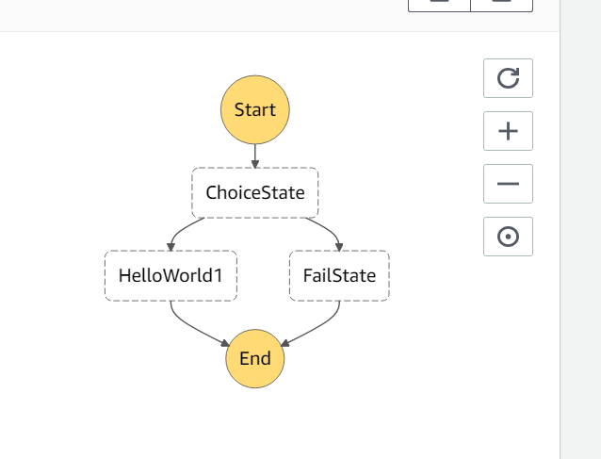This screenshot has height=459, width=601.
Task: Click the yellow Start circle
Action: point(254,109)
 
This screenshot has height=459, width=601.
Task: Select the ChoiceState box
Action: point(254,193)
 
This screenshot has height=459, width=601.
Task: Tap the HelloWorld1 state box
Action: point(171,276)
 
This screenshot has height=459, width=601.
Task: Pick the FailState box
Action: point(339,276)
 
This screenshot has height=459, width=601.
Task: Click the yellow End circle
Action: point(254,358)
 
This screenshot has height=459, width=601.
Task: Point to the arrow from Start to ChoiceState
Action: point(254,154)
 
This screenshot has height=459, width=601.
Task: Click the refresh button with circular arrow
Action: point(508,78)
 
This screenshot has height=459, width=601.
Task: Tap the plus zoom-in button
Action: point(508,131)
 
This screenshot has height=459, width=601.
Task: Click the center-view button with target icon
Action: point(508,237)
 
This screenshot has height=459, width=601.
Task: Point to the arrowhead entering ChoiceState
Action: point(254,164)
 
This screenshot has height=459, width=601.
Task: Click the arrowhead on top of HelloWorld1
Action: point(171,246)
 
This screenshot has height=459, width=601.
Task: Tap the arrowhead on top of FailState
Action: point(339,246)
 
